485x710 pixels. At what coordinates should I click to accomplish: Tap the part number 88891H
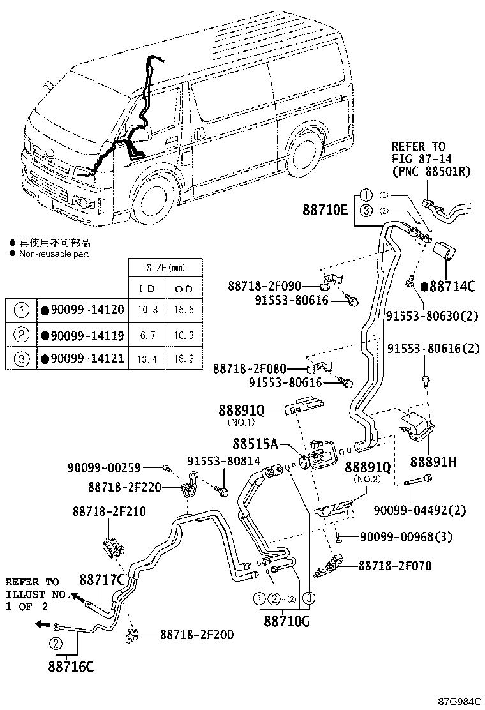coord(433,462)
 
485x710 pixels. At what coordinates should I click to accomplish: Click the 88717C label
coord(101,580)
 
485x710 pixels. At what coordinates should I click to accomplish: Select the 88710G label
coord(286,620)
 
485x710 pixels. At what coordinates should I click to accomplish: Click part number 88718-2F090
coord(264,286)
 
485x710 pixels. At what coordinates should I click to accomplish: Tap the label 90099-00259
coord(113,468)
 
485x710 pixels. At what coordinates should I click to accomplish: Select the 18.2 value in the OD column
coord(184,359)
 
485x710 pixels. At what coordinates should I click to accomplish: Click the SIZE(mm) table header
coord(165,268)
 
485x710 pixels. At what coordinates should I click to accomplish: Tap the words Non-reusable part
coord(54,253)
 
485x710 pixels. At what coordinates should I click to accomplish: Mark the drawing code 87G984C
coord(459,701)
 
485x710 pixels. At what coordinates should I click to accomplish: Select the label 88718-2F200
coord(196,634)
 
